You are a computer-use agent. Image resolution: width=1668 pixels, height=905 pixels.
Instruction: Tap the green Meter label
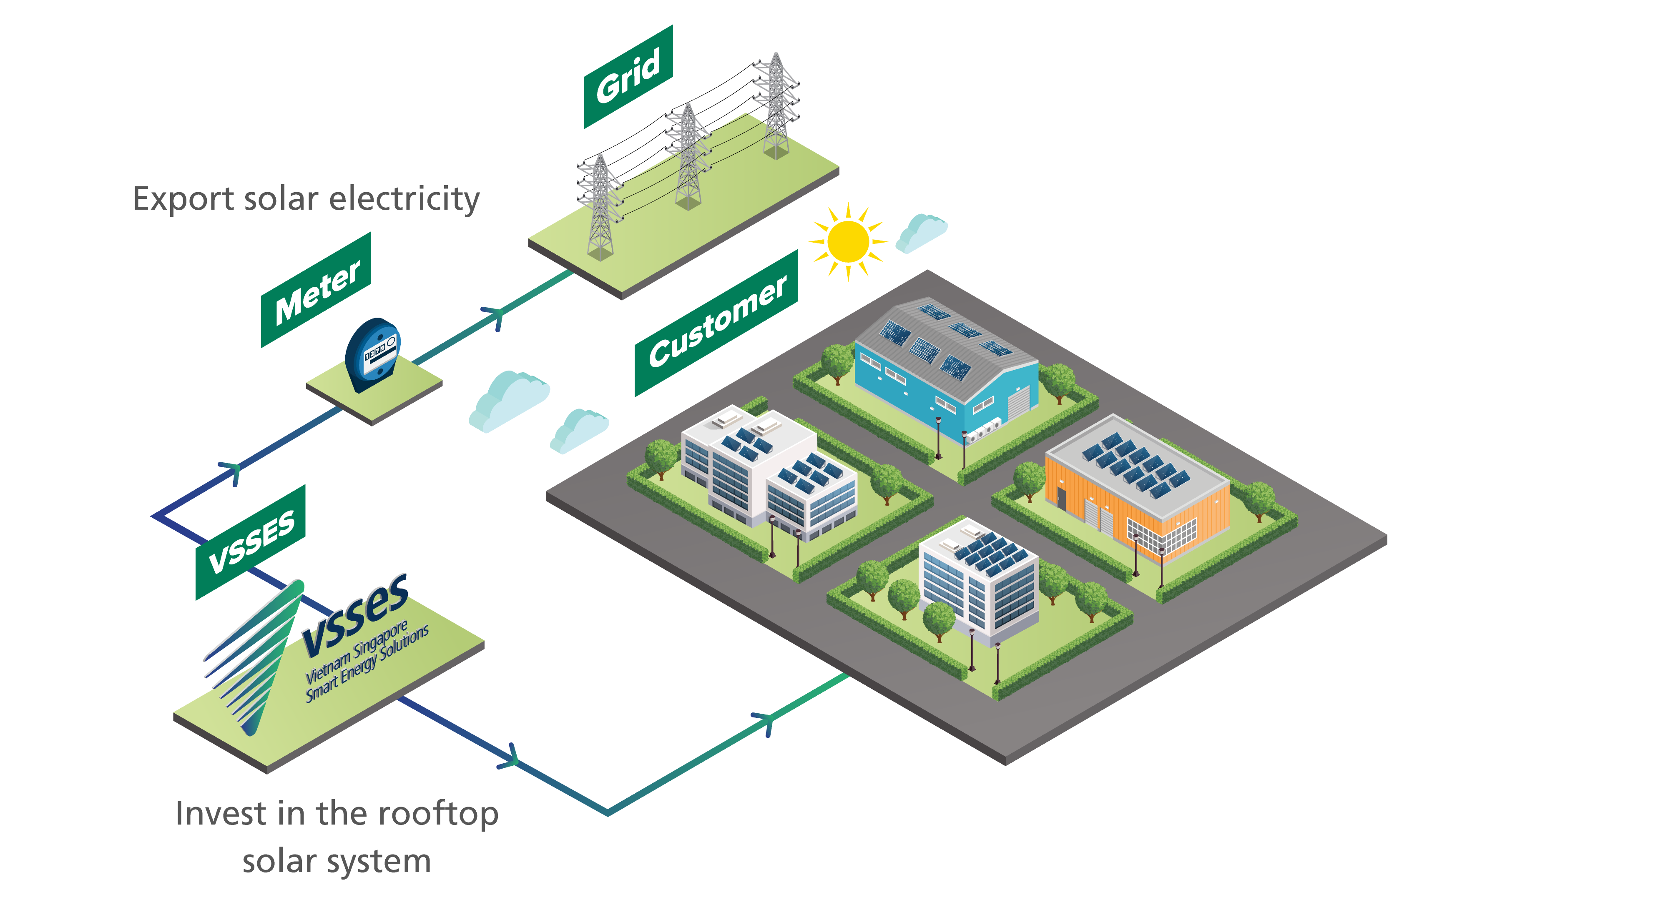(x=316, y=290)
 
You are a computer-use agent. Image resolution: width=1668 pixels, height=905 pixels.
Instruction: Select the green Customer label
(x=716, y=322)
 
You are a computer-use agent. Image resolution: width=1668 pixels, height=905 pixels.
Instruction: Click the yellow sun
(x=848, y=241)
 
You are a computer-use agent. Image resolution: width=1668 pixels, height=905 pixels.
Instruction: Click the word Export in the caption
(x=183, y=199)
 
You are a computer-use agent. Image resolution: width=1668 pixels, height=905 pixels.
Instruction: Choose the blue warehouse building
(x=945, y=369)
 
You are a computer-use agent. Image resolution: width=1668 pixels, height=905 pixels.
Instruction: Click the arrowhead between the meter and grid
(x=495, y=317)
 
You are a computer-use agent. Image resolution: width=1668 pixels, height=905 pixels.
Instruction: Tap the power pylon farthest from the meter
(x=776, y=107)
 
